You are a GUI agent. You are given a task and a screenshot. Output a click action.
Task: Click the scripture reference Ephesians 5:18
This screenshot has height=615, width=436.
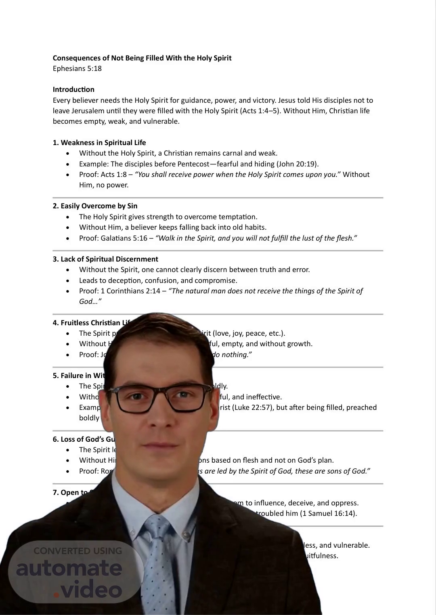[x=77, y=69]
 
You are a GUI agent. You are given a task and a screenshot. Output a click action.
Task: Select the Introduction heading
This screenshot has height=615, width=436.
[x=73, y=89]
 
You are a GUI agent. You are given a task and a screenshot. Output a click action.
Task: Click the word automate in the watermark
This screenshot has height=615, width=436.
[x=69, y=568]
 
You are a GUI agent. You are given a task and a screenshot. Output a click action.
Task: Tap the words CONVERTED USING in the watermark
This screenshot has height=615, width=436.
[x=78, y=551]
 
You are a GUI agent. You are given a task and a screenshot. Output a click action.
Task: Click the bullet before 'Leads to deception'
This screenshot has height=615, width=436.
[x=68, y=281]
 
